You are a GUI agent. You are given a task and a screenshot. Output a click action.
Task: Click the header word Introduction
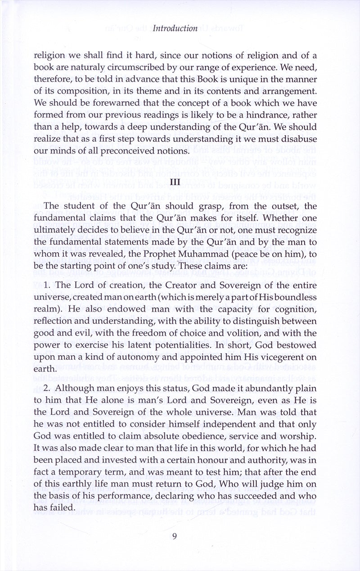175,28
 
